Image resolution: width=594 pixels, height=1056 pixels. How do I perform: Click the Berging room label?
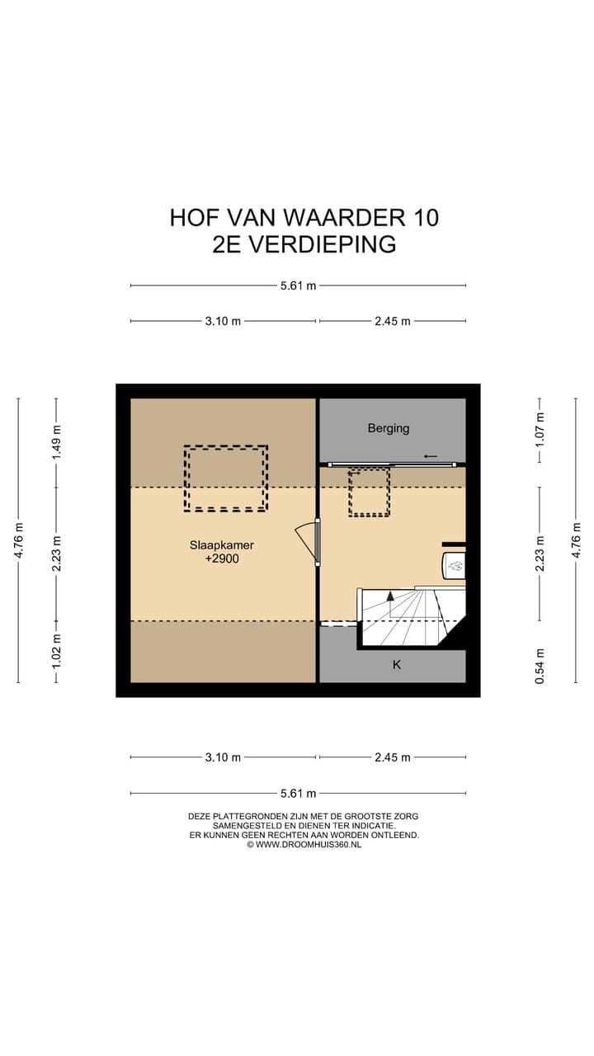pyautogui.click(x=388, y=428)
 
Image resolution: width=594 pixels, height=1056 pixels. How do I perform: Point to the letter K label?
pyautogui.click(x=396, y=664)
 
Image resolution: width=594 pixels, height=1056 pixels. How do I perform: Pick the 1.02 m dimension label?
pyautogui.click(x=56, y=651)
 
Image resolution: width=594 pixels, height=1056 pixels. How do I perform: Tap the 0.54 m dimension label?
pyautogui.click(x=540, y=666)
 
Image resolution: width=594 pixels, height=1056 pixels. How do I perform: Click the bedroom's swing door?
pyautogui.click(x=307, y=541)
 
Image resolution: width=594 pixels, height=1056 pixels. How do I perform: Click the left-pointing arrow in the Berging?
pyautogui.click(x=430, y=455)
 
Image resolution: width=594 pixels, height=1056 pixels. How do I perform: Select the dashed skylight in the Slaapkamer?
pyautogui.click(x=225, y=478)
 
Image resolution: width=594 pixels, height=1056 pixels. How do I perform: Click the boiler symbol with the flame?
pyautogui.click(x=455, y=566)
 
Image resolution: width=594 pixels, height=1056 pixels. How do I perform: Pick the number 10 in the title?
pyautogui.click(x=423, y=217)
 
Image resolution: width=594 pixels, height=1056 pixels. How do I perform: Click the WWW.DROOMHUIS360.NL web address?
pyautogui.click(x=309, y=844)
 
